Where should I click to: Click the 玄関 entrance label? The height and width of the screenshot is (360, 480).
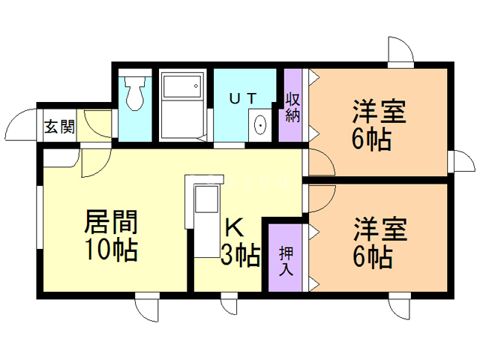tap(58, 126)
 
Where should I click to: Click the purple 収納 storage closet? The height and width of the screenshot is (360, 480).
tap(292, 105)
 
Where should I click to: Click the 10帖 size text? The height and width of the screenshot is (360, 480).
tap(110, 250)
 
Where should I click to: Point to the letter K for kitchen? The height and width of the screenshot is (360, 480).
tap(234, 227)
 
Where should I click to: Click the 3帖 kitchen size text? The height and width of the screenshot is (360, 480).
tap(240, 256)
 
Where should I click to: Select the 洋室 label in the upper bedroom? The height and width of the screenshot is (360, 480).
tap(379, 112)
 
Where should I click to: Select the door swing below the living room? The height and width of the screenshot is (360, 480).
tap(145, 308)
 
